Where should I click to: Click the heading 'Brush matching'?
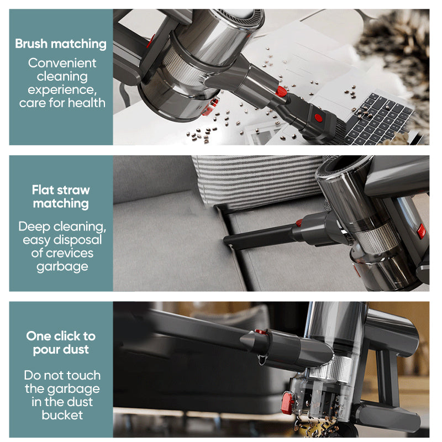pos(61,44)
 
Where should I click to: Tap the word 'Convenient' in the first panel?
pos(62,63)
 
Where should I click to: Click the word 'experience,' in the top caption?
pos(62,90)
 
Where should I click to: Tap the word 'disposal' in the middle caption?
pos(77,240)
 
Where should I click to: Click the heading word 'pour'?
pos(45,350)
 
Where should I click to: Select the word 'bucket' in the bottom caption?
pos(62,415)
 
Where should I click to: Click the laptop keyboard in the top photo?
pos(379,118)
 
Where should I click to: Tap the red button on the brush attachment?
pos(318,118)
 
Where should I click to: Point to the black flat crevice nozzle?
pos(259,236)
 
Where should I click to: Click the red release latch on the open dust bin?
pos(287,403)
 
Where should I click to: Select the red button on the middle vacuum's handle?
pos(421,231)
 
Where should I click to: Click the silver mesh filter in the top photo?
pos(181,67)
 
